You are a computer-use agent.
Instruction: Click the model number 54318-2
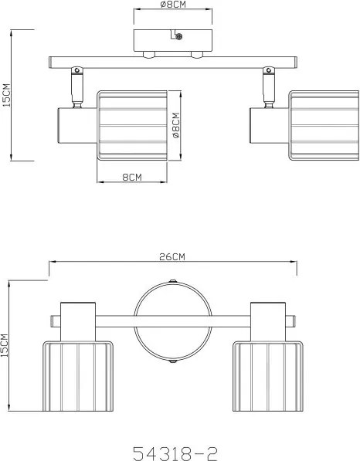pos(175,453)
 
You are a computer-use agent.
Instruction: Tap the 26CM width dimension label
pos(172,256)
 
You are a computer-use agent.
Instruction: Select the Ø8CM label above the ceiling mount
pos(173,5)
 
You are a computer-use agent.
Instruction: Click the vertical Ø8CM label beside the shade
pos(175,125)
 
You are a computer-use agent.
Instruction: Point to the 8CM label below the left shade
pos(132,178)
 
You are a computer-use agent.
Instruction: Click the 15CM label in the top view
pos(6,95)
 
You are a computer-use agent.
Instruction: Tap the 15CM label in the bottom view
pos(5,345)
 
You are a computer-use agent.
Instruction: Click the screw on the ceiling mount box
pos(178,36)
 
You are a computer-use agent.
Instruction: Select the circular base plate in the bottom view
pos(173,321)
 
